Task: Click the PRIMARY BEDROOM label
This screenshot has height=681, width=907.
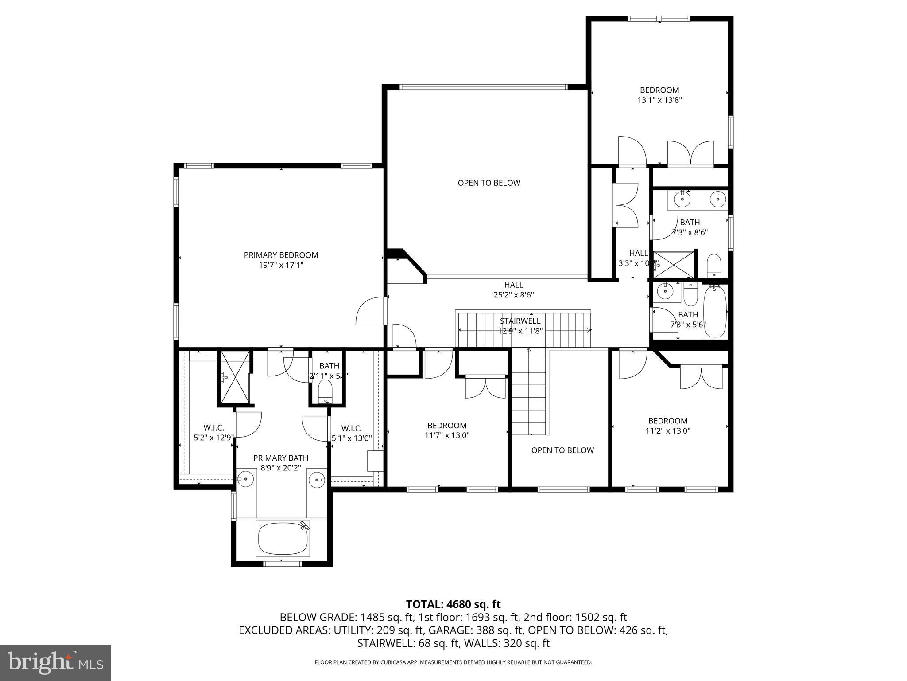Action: tap(281, 255)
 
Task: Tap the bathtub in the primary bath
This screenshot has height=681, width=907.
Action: tap(283, 539)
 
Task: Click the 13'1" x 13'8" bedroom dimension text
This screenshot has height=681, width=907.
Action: tap(659, 100)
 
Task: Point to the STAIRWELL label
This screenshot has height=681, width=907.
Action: tap(520, 321)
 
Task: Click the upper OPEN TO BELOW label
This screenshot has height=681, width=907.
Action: tap(488, 183)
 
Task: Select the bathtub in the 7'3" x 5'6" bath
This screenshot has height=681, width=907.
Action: tap(714, 311)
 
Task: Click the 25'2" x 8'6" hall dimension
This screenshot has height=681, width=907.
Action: tap(514, 295)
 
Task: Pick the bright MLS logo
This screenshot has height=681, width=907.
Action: tap(55, 662)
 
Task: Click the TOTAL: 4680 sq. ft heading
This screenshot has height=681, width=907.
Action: tap(453, 604)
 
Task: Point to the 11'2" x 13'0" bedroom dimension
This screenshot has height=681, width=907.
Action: tap(668, 431)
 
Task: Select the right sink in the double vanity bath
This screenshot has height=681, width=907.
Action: tap(717, 200)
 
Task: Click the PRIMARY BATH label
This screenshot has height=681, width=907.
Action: tap(280, 458)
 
